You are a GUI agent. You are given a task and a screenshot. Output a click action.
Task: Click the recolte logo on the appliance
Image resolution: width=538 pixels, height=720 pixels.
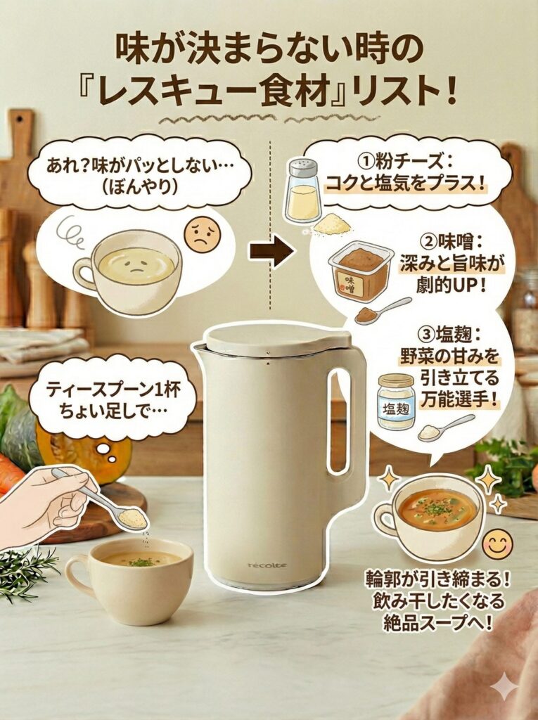(267, 565)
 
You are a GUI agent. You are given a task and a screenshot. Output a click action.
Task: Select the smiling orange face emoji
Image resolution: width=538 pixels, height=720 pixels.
(497, 544)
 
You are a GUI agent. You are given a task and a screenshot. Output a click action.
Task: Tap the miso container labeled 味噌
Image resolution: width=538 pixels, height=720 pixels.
(360, 271)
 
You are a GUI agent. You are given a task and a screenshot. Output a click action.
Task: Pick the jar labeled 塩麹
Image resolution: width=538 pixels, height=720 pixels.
(395, 401)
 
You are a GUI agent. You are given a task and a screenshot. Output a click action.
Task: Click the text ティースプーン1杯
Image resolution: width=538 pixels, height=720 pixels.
(111, 389)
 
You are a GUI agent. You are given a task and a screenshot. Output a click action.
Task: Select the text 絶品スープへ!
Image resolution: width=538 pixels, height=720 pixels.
(436, 622)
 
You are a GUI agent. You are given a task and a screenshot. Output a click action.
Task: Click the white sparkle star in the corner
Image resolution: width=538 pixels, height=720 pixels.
(504, 686)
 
